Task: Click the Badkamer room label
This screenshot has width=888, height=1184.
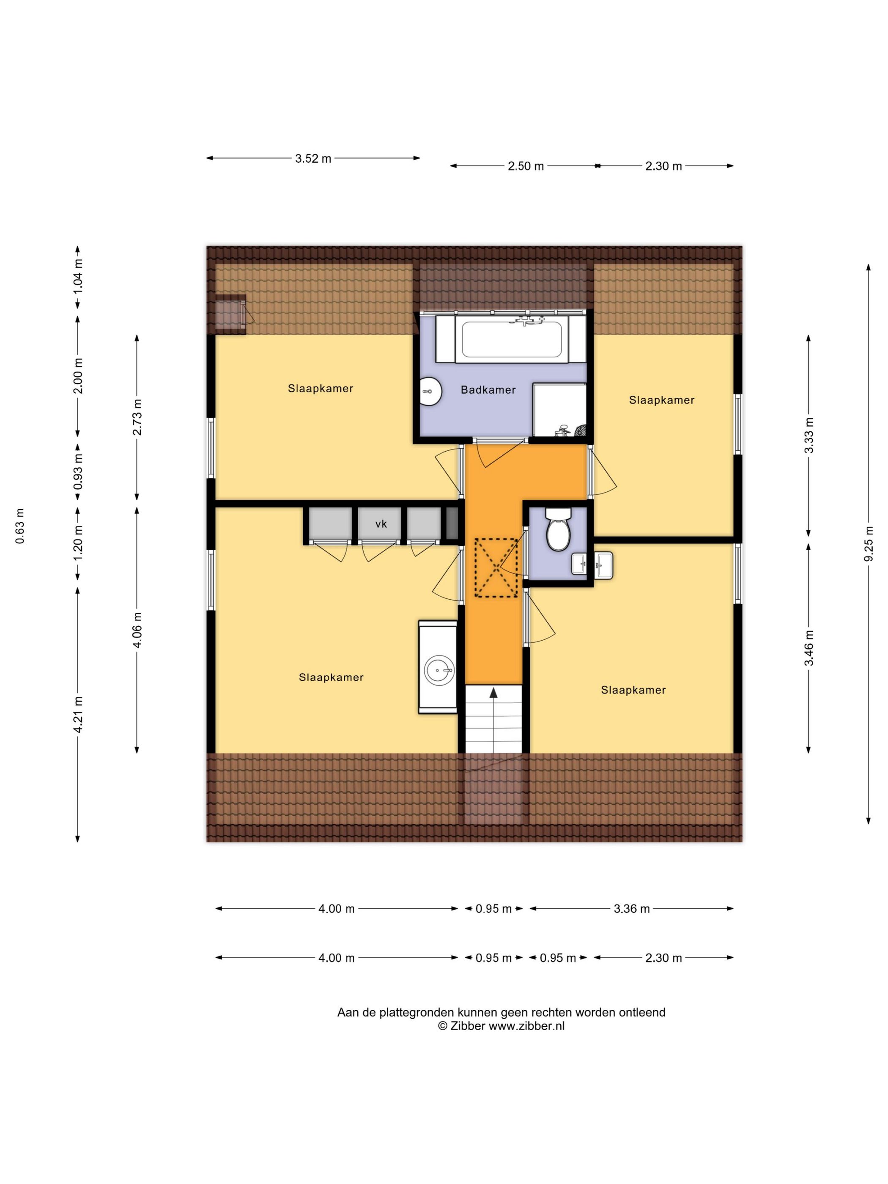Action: pyautogui.click(x=488, y=390)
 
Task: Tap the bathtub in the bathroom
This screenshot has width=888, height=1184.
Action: pyautogui.click(x=511, y=339)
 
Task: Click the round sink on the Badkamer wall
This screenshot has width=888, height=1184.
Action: pyautogui.click(x=430, y=391)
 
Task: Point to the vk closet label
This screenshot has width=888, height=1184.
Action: pyautogui.click(x=381, y=524)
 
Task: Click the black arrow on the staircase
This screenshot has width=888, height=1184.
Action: pyautogui.click(x=493, y=693)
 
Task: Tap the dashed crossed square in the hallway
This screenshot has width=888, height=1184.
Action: pyautogui.click(x=496, y=567)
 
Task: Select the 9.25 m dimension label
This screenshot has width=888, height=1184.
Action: pyautogui.click(x=868, y=544)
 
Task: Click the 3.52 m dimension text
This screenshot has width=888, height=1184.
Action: pyautogui.click(x=313, y=159)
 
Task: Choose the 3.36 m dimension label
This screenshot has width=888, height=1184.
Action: pyautogui.click(x=632, y=908)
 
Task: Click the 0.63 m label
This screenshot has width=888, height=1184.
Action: pyautogui.click(x=20, y=526)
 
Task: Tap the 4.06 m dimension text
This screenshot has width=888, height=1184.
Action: pyautogui.click(x=137, y=630)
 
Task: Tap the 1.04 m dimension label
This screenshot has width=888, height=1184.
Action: pyautogui.click(x=78, y=276)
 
